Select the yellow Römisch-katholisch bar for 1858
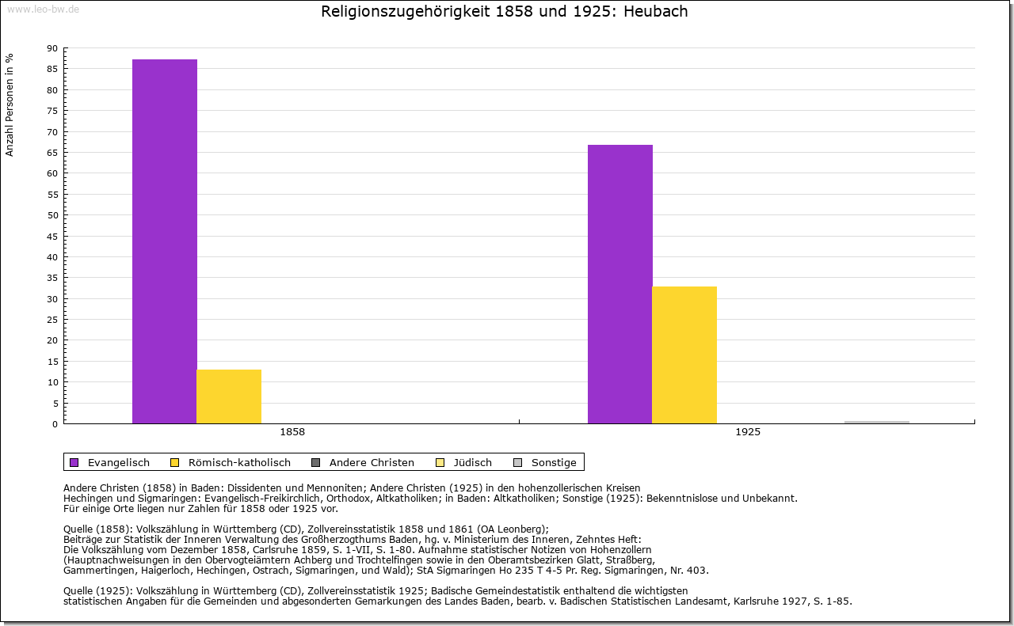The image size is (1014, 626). [x=229, y=396]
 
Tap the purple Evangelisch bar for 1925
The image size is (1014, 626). [x=620, y=284]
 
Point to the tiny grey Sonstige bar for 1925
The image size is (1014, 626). [x=876, y=422]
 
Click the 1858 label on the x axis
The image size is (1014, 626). [x=292, y=433]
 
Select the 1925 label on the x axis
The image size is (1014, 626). [x=748, y=433]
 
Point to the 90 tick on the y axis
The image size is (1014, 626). [x=52, y=48]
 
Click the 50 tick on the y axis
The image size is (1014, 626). [x=52, y=215]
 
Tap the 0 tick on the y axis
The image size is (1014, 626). [x=55, y=424]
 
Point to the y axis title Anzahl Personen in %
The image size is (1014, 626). [x=10, y=104]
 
